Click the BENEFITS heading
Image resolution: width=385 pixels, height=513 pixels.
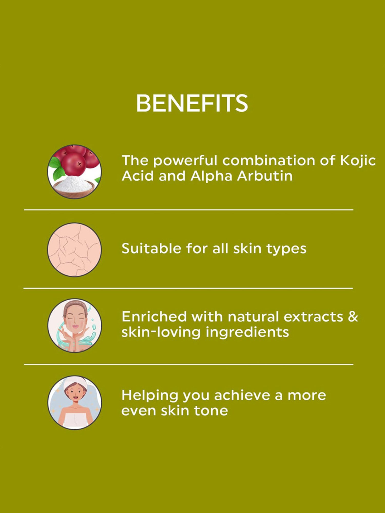click(x=192, y=103)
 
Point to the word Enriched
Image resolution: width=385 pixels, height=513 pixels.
click(x=154, y=317)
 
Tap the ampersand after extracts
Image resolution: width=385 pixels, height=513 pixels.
click(x=353, y=317)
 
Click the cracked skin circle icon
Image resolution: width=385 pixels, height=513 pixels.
click(x=74, y=250)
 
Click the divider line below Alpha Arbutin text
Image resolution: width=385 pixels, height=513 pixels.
click(x=189, y=210)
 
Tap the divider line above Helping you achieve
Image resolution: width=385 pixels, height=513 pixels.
click(x=189, y=364)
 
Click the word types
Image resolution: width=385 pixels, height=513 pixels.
click(x=286, y=249)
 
